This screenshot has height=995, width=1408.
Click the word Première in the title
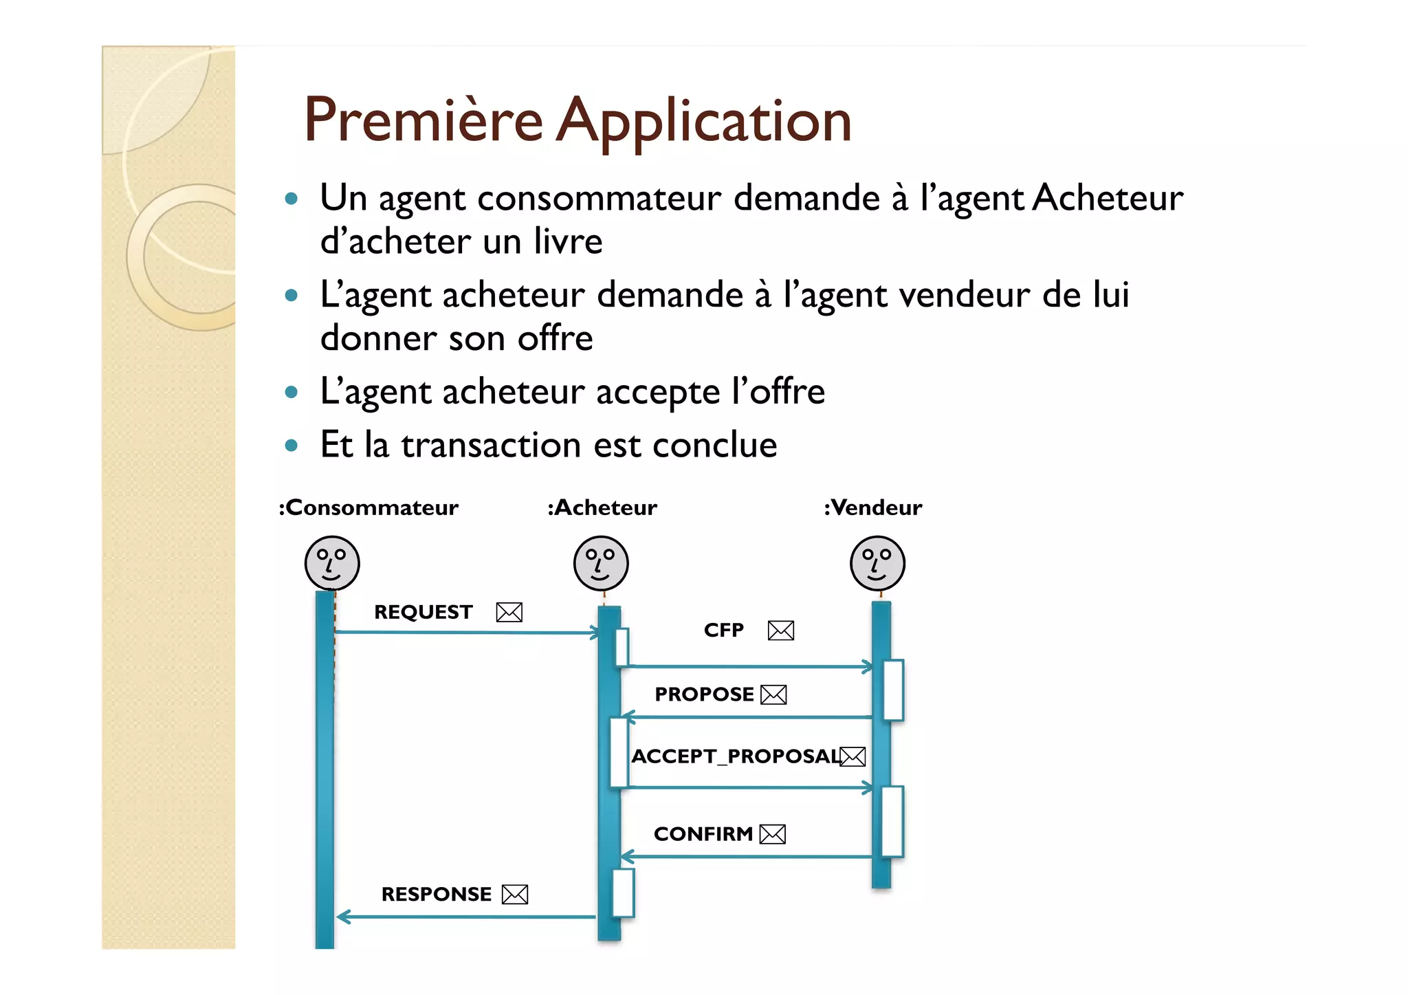click(x=423, y=120)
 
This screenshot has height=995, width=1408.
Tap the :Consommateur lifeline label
click(x=368, y=507)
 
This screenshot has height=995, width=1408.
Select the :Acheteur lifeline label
click(x=602, y=507)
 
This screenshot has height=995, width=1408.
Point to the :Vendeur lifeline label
click(x=873, y=507)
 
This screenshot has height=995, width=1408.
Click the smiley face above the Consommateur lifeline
click(x=332, y=563)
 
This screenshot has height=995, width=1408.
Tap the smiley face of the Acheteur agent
click(x=601, y=563)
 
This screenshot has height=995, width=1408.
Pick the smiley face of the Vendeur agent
click(x=877, y=563)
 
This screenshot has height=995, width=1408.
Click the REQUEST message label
click(x=423, y=612)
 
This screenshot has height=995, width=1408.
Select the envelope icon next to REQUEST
click(x=509, y=612)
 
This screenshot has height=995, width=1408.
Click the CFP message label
click(x=724, y=630)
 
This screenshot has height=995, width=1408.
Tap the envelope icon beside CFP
click(x=781, y=631)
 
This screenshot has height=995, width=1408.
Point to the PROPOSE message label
click(x=704, y=695)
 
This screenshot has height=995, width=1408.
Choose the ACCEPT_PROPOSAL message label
click(x=736, y=756)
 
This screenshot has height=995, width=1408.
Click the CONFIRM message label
click(x=703, y=834)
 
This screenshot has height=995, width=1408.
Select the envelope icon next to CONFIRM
click(x=773, y=834)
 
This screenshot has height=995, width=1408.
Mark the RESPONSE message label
click(x=437, y=894)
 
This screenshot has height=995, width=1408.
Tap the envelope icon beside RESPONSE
click(x=515, y=895)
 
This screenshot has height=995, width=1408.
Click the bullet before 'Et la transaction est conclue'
click(x=291, y=446)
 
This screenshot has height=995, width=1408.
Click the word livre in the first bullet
click(x=568, y=241)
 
